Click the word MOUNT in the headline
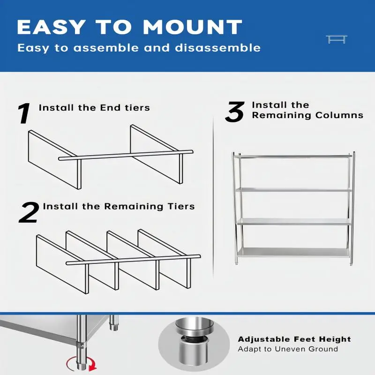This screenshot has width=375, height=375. (193, 27)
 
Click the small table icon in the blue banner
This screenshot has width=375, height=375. (336, 39)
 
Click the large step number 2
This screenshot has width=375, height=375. (29, 212)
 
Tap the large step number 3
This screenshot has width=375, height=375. (235, 112)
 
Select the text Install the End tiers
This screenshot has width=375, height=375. (94, 108)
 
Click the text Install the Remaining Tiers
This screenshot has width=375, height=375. (119, 206)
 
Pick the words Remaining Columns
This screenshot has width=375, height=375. (307, 115)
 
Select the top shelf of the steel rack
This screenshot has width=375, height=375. (294, 156)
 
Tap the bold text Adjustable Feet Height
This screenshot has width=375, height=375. (294, 339)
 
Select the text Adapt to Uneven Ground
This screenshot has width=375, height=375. (288, 349)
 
